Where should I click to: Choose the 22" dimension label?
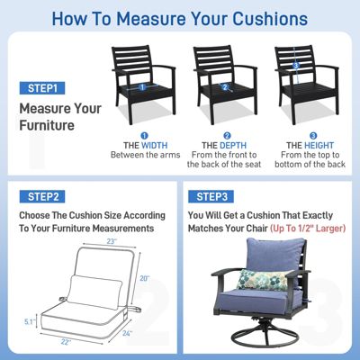click(66, 343)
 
